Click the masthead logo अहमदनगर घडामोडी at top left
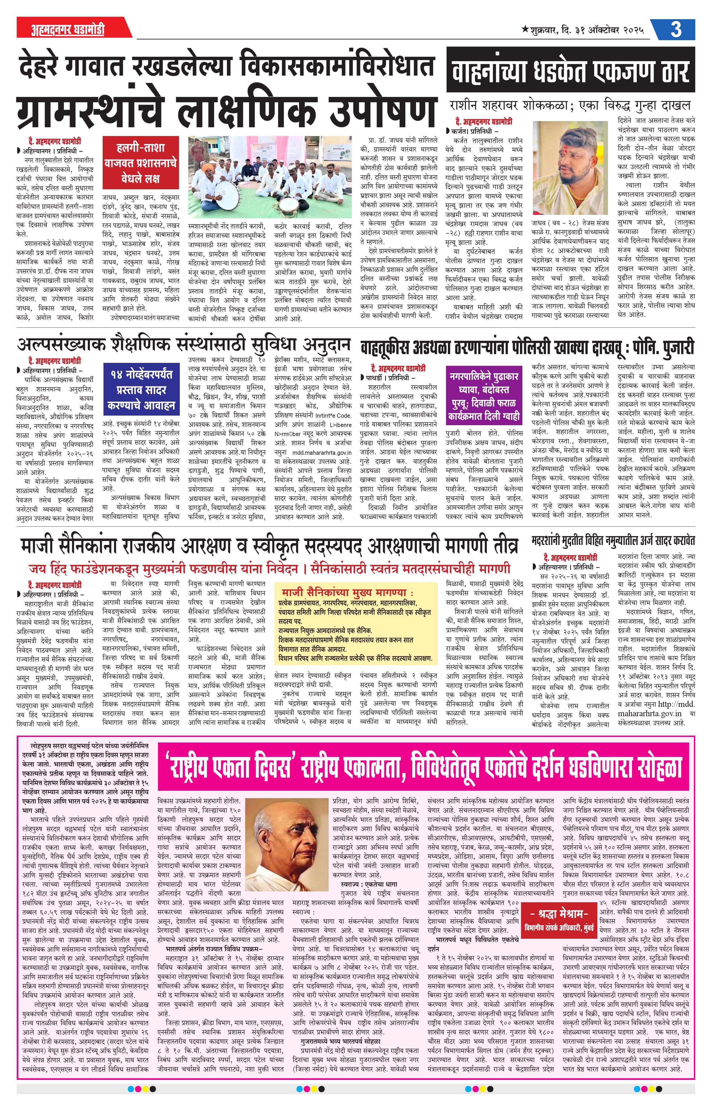point(61,30)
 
